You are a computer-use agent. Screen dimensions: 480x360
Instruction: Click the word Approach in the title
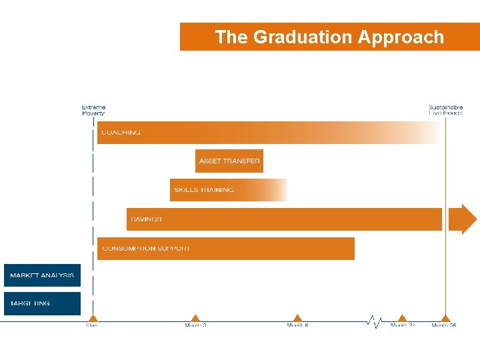click(x=401, y=37)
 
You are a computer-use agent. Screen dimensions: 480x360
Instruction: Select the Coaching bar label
click(x=121, y=133)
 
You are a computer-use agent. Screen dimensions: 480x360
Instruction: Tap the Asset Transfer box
click(x=229, y=161)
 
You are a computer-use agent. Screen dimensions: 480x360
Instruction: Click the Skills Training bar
click(x=228, y=190)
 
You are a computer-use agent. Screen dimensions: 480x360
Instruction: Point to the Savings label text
click(x=146, y=219)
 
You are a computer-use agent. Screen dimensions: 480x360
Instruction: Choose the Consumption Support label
click(x=146, y=249)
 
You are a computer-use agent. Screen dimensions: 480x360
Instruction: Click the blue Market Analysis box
click(x=42, y=275)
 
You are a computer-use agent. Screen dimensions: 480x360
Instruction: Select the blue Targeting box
click(x=42, y=303)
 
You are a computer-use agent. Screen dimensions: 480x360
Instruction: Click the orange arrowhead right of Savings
click(x=463, y=219)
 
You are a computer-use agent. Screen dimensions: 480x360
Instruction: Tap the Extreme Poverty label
click(x=93, y=110)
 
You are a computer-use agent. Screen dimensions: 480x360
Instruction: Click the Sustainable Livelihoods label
click(x=445, y=110)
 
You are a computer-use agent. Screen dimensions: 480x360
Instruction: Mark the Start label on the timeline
click(x=92, y=325)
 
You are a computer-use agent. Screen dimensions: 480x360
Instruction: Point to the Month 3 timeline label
click(x=195, y=325)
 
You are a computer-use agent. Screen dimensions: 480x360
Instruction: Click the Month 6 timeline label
click(x=297, y=325)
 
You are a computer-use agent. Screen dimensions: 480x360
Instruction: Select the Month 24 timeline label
click(x=403, y=325)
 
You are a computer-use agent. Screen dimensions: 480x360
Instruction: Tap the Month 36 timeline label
click(x=444, y=325)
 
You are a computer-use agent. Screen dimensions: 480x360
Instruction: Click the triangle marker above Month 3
click(x=195, y=318)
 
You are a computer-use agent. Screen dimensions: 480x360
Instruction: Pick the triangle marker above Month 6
click(x=297, y=318)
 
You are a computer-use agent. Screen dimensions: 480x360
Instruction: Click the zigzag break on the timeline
click(x=374, y=322)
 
